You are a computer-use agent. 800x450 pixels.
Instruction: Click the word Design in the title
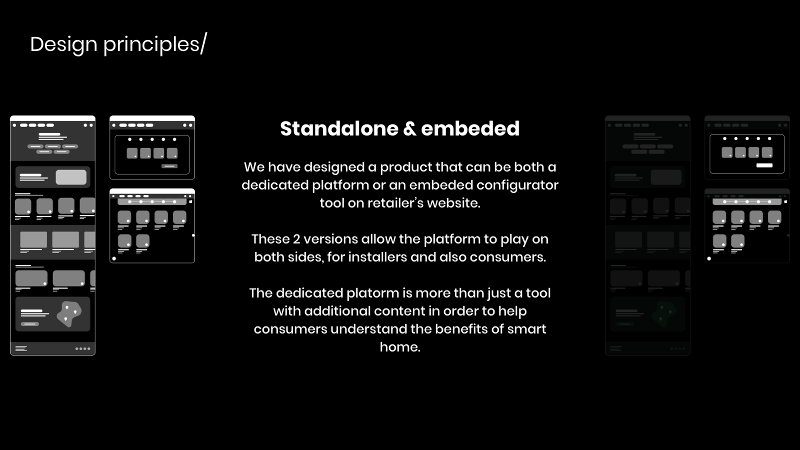pyautogui.click(x=63, y=44)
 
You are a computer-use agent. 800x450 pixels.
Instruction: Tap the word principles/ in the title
pyautogui.click(x=155, y=44)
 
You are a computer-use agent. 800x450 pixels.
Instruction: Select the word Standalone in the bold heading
pyautogui.click(x=339, y=128)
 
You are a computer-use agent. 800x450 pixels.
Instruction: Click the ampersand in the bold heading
pyautogui.click(x=409, y=129)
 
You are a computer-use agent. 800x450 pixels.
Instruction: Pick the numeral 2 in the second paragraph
pyautogui.click(x=296, y=239)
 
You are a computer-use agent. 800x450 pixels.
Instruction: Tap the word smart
pyautogui.click(x=526, y=329)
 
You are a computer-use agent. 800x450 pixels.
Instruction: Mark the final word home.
pyautogui.click(x=400, y=347)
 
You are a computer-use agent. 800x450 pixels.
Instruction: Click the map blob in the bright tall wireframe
pyautogui.click(x=69, y=313)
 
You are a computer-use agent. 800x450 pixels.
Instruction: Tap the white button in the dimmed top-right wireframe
pyautogui.click(x=764, y=165)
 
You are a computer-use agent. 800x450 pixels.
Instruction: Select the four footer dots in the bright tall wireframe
pyautogui.click(x=83, y=348)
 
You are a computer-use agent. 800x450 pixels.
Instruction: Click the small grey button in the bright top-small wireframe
pyautogui.click(x=169, y=166)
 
